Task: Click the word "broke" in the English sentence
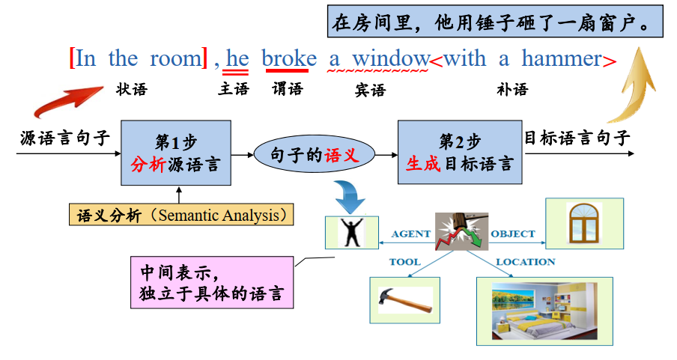(289, 59)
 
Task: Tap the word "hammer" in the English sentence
(562, 58)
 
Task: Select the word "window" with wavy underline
(391, 58)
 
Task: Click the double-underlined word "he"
(237, 58)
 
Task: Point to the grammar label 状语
(132, 89)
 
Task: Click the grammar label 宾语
(370, 91)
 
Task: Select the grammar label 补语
(512, 89)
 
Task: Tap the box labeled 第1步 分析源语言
(176, 153)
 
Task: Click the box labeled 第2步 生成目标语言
(460, 153)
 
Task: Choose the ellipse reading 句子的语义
(315, 154)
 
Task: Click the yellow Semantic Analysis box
(181, 215)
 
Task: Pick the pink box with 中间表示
(212, 282)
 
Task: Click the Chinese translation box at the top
(495, 21)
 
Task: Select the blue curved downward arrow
(350, 196)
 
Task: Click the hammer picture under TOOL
(405, 300)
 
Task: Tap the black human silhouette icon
(351, 232)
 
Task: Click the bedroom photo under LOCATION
(545, 311)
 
